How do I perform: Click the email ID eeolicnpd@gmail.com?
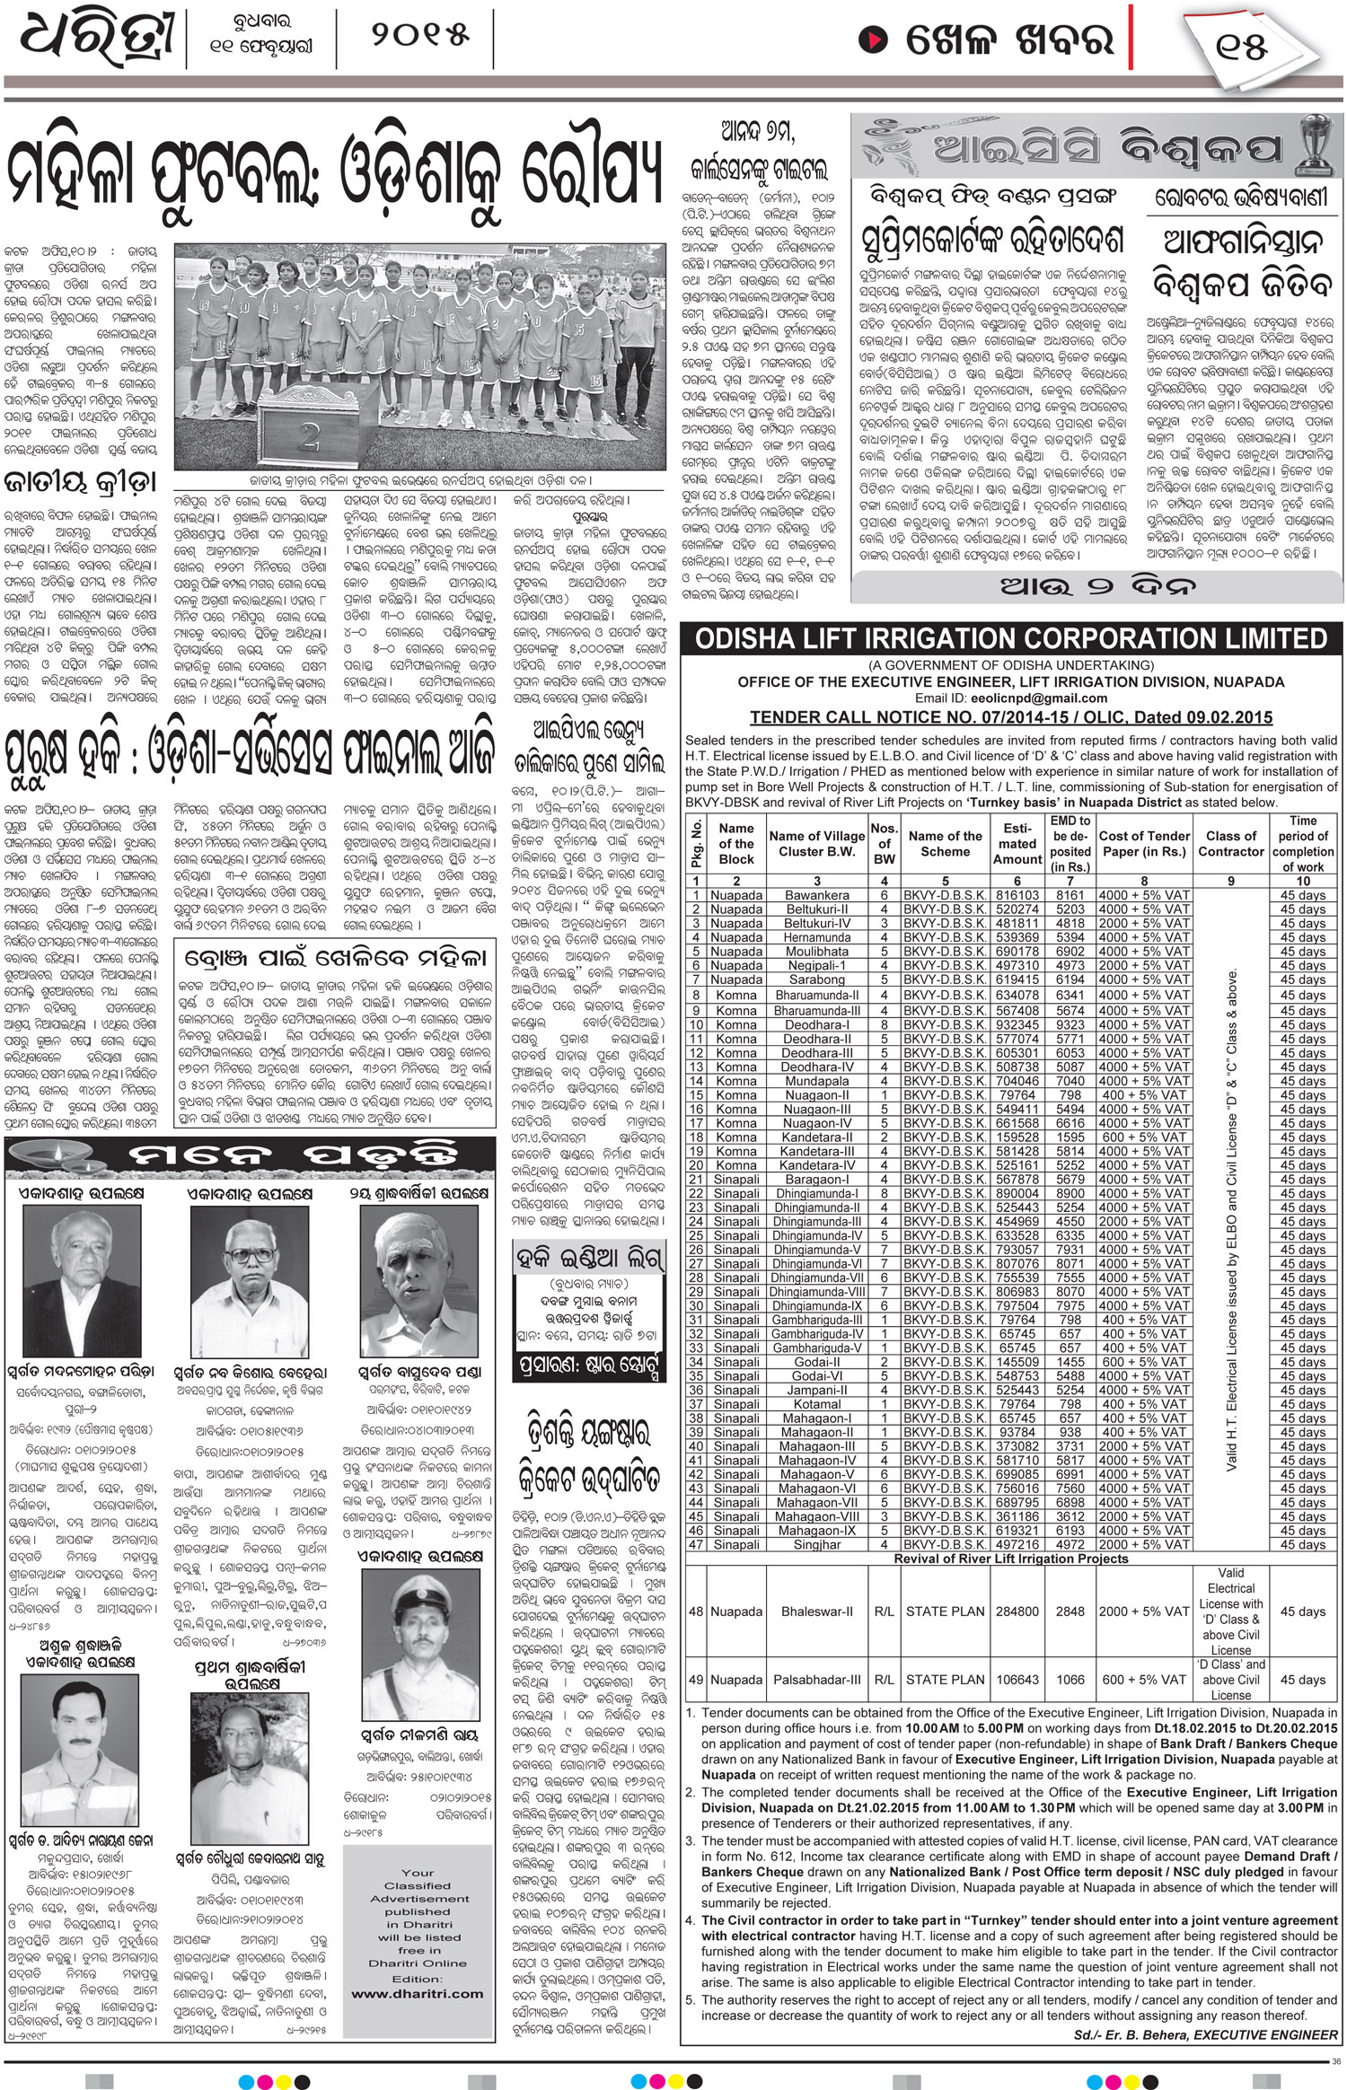pos(1011,698)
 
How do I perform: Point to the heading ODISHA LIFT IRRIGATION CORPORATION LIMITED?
pos(1011,639)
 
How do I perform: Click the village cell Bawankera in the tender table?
pos(816,895)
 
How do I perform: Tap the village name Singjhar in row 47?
pos(816,1544)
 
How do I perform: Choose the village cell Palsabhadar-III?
pos(816,1679)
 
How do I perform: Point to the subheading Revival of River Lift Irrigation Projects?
pos(1011,1559)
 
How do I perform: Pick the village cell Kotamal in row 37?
pos(816,1403)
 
